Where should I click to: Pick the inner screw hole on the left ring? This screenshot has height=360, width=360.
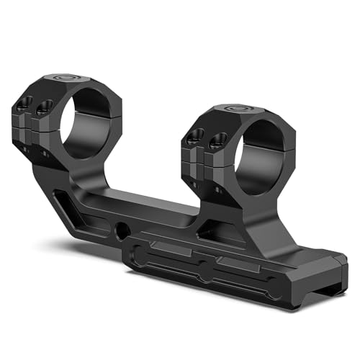coord(45,107)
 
